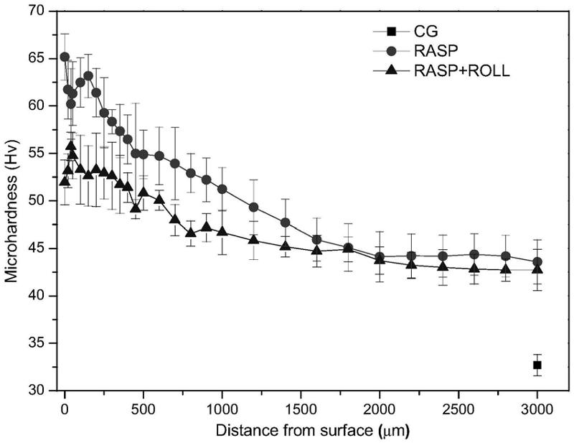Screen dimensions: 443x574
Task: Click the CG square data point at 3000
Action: click(x=537, y=365)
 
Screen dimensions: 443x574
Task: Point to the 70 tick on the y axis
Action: click(x=55, y=11)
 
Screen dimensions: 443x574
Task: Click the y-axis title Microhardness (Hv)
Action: click(x=12, y=201)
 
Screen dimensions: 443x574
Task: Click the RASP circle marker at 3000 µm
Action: click(x=537, y=262)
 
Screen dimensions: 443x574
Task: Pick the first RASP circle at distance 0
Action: click(x=65, y=57)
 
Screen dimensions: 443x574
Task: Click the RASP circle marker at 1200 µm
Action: click(x=253, y=207)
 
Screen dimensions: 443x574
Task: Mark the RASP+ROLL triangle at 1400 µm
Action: click(x=285, y=246)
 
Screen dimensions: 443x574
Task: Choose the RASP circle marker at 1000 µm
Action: click(x=222, y=189)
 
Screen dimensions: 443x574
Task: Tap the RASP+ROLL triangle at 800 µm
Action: click(x=190, y=233)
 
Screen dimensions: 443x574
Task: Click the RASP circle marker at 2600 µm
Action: click(x=474, y=254)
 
